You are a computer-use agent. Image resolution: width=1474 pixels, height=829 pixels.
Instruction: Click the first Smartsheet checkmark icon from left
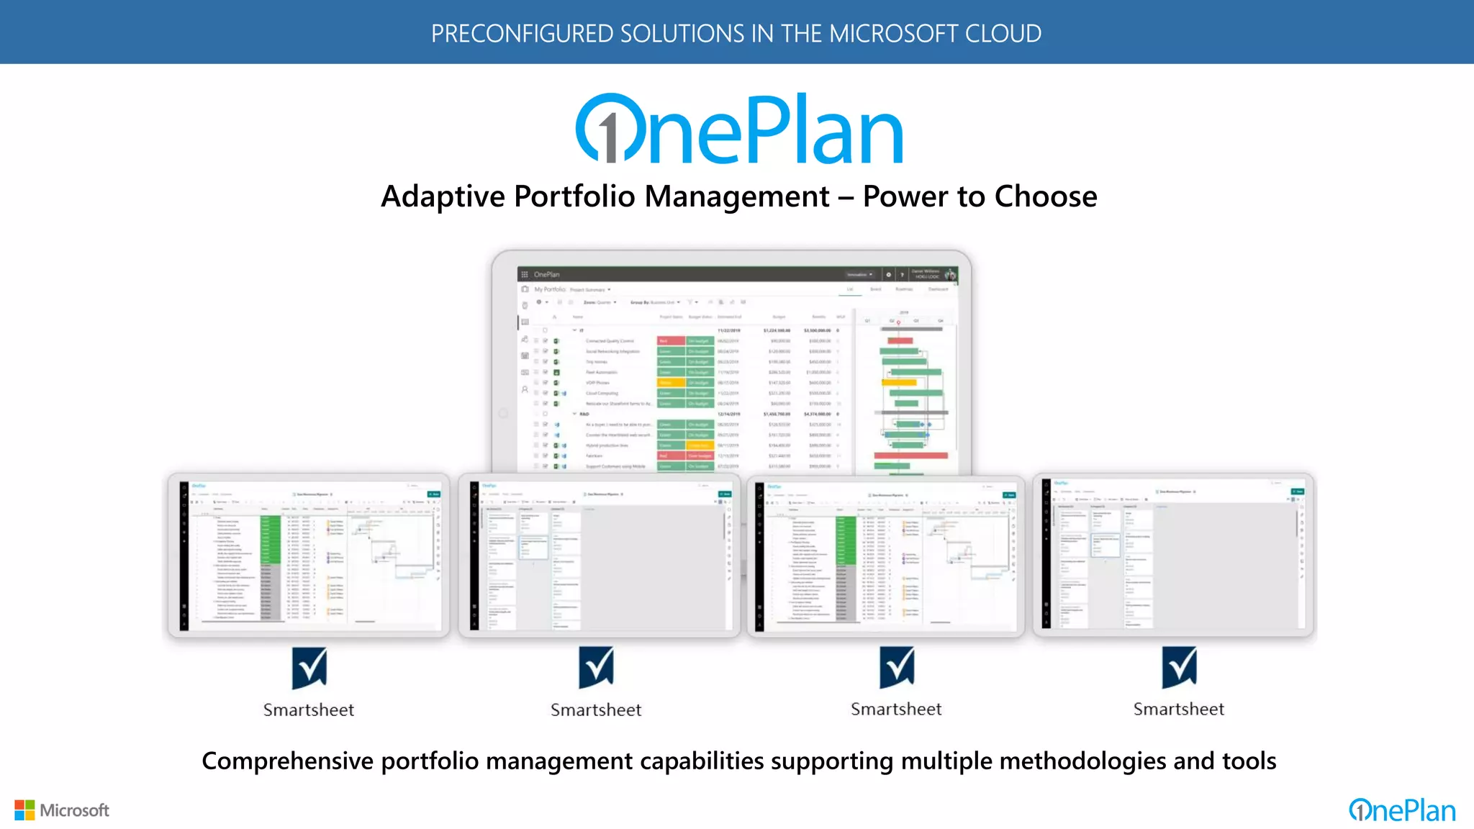309,669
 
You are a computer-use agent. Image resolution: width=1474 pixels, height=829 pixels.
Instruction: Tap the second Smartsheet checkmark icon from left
596,668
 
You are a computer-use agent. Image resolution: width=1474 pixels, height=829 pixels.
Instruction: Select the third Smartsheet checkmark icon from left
896,668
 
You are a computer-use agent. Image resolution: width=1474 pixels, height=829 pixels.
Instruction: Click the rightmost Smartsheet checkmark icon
1179,668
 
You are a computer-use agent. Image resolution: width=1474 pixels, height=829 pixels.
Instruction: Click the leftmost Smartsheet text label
309,710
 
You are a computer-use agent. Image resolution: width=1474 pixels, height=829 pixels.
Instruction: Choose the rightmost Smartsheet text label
1179,710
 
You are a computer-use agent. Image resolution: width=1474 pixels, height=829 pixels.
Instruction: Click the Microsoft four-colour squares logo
24,810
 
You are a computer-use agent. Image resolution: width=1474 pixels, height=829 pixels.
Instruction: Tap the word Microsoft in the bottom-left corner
74,811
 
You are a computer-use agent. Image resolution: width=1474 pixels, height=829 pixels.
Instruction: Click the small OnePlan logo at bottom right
1402,811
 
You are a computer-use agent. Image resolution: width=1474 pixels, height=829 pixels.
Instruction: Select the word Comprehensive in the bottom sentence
288,761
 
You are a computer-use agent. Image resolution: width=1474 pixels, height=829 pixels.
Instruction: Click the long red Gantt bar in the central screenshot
910,456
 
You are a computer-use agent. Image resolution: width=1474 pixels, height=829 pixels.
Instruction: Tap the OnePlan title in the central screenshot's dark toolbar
546,274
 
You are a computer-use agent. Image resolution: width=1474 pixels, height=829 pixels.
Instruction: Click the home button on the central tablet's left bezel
503,413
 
